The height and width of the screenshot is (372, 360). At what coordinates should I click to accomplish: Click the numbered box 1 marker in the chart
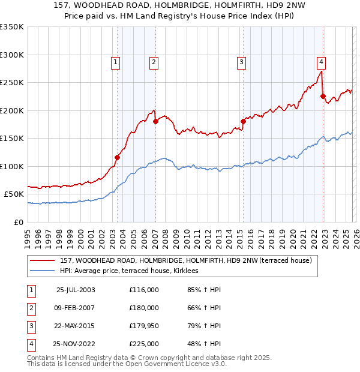[x=115, y=61]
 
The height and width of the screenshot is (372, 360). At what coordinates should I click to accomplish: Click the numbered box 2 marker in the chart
[x=154, y=61]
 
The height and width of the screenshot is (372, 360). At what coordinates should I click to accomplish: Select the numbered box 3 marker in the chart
[x=241, y=61]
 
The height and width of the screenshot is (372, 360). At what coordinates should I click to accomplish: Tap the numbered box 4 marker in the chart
[x=322, y=61]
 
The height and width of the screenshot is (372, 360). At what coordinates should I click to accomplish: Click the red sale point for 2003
[x=118, y=158]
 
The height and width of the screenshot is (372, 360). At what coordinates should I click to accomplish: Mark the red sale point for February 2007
[x=155, y=122]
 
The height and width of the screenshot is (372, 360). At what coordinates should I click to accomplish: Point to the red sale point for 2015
[x=243, y=122]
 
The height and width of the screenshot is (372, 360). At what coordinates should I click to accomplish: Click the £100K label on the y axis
[x=12, y=166]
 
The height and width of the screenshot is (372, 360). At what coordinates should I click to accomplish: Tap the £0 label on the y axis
[x=18, y=222]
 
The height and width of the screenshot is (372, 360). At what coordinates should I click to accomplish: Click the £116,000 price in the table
[x=144, y=290]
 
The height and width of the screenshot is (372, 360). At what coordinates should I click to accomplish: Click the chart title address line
[x=180, y=6]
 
